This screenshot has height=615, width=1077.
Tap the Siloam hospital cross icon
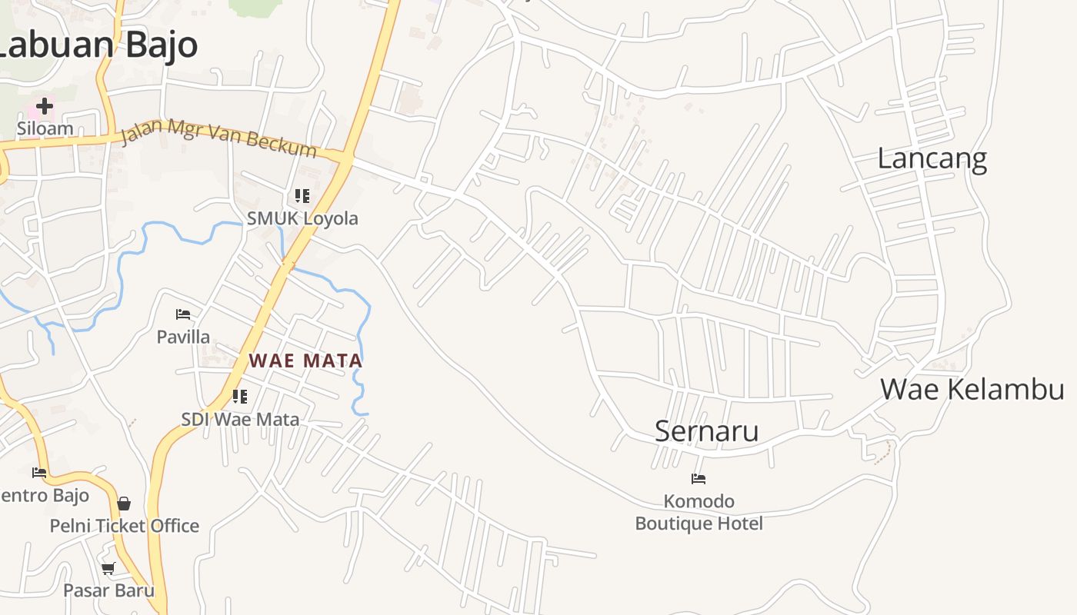pos(45,105)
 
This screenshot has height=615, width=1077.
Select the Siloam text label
pos(45,128)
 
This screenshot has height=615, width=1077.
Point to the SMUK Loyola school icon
pos(302,196)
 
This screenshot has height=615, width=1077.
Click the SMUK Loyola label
pos(302,218)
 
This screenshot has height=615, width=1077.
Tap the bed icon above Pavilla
pos(183,314)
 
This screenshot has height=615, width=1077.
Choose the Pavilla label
pos(183,337)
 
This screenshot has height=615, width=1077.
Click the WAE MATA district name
pos(305,361)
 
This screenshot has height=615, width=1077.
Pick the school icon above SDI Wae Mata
pos(240,397)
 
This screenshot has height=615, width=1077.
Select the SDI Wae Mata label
pos(240,419)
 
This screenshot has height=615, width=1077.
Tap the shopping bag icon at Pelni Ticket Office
pos(124,504)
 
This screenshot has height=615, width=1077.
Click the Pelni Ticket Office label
pos(125,526)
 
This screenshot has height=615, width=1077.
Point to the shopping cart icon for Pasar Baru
pos(108,568)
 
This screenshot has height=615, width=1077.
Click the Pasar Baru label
pos(108,590)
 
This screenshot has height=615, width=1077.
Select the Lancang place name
pos(932,158)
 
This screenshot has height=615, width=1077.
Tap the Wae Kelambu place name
pos(972,389)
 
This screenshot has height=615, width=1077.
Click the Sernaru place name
pos(706,430)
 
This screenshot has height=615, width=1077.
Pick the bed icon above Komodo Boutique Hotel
pos(699,479)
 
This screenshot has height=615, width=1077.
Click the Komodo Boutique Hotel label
pos(699,513)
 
